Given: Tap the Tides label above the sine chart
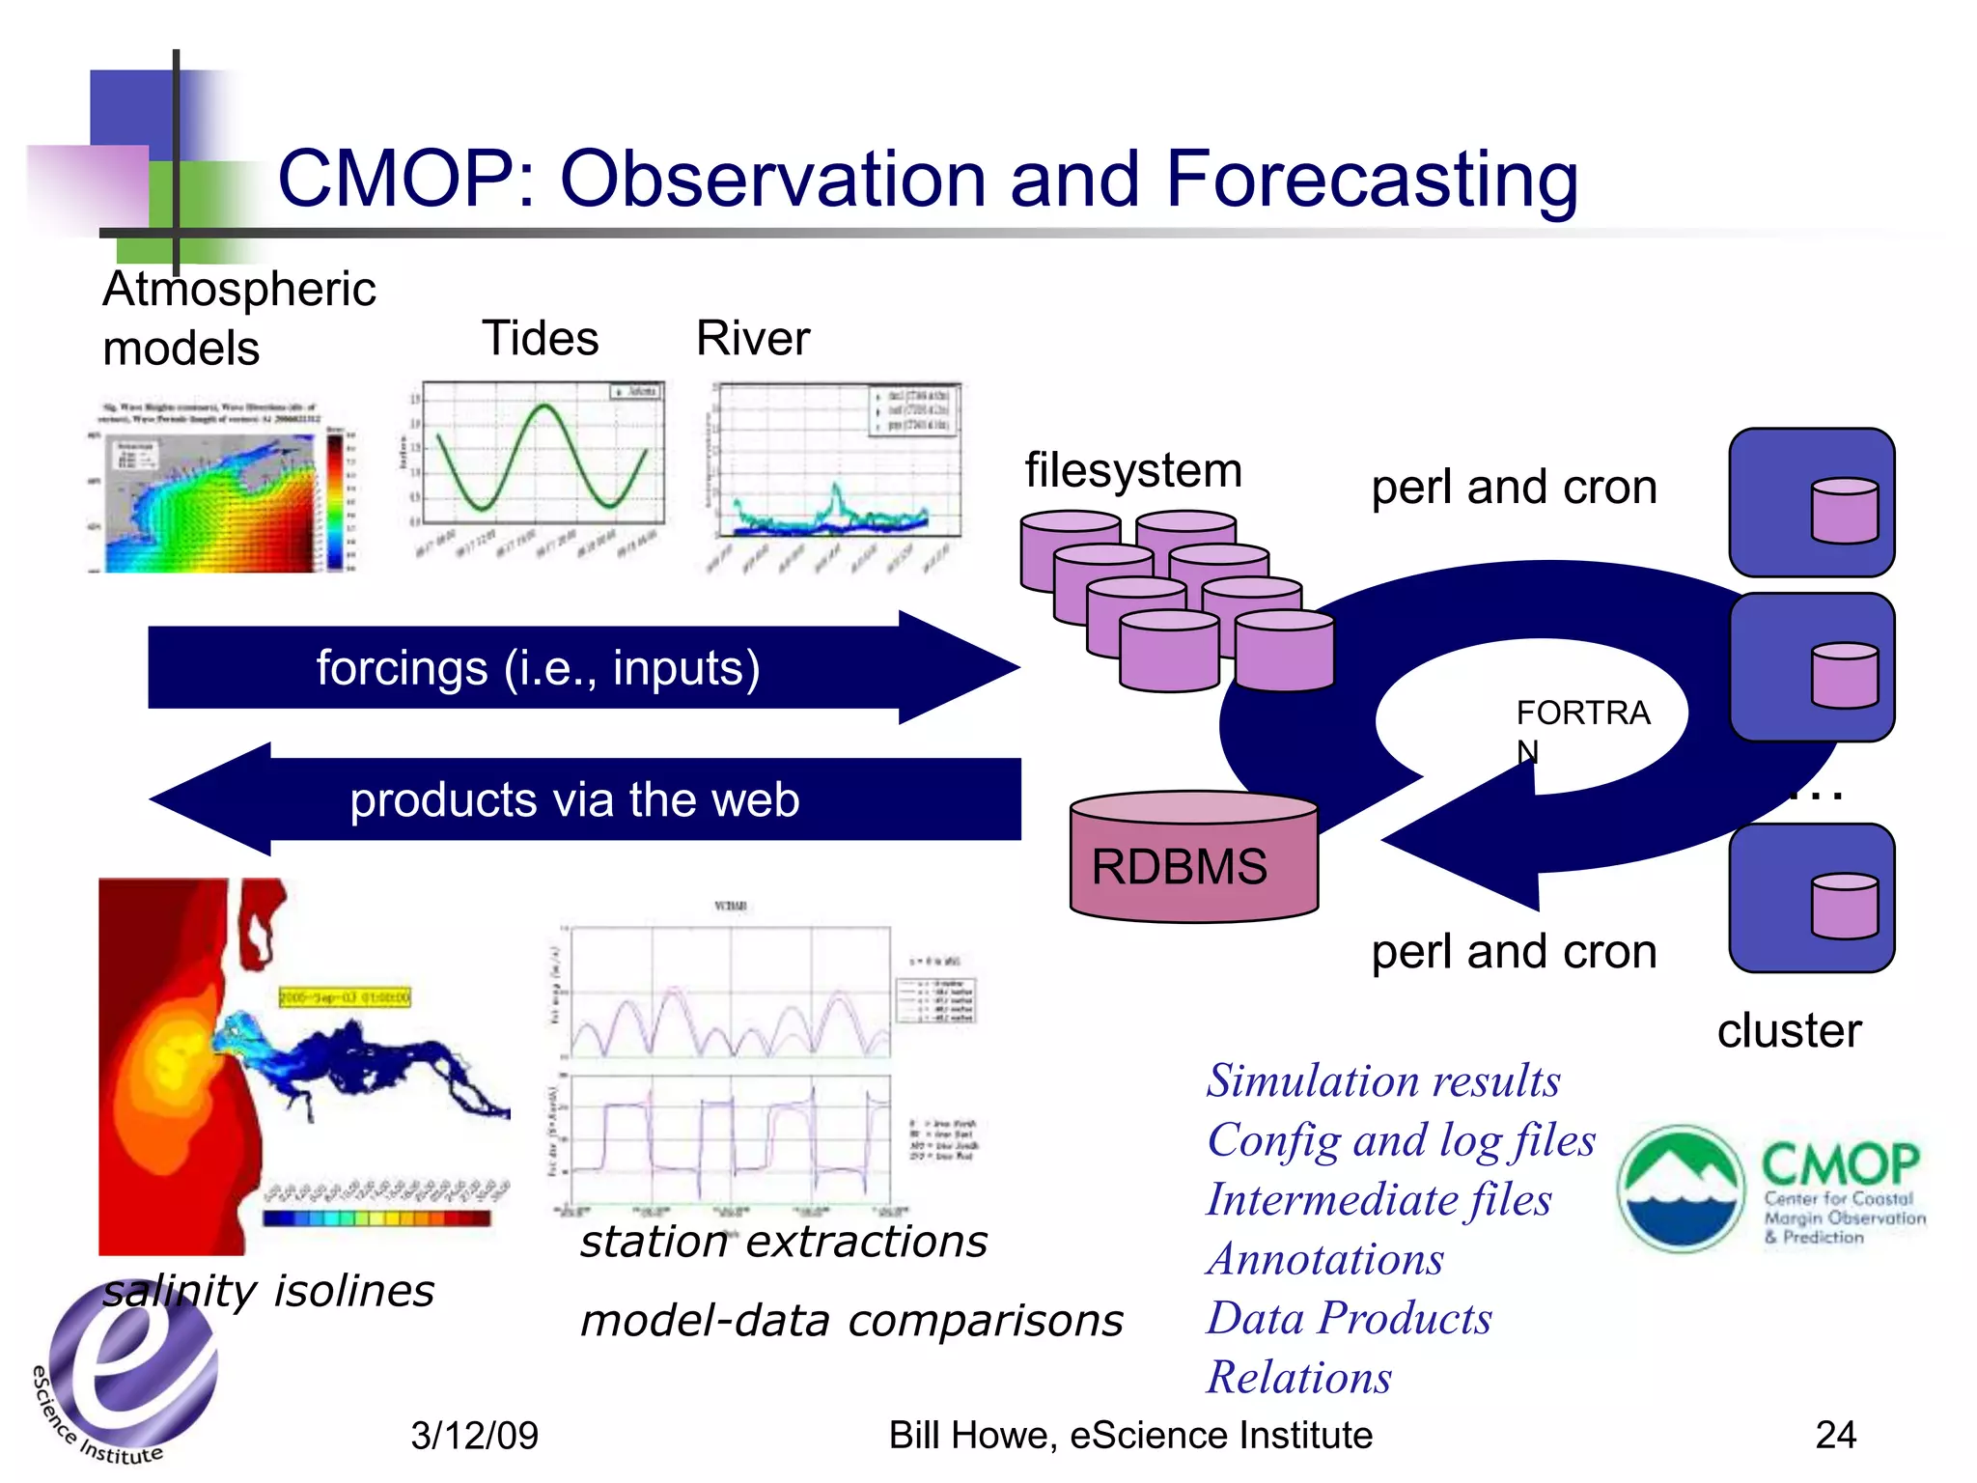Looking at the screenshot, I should pyautogui.click(x=540, y=339).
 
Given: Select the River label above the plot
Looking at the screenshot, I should pyautogui.click(x=753, y=339).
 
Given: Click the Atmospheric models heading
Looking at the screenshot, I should pyautogui.click(x=238, y=318).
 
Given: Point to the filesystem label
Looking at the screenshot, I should pyautogui.click(x=1132, y=471).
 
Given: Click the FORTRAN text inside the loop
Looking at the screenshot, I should pyautogui.click(x=1581, y=714).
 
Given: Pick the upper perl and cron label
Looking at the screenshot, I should pyautogui.click(x=1514, y=488).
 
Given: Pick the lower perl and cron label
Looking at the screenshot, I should pyautogui.click(x=1514, y=952).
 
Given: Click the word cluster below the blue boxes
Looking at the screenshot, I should pyautogui.click(x=1788, y=1031).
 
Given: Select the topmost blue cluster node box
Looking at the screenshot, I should pyautogui.click(x=1811, y=503).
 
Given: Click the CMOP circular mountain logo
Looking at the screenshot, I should pyautogui.click(x=1681, y=1189).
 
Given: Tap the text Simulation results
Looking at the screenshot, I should pyautogui.click(x=1382, y=1080).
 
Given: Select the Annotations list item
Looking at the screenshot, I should pyautogui.click(x=1324, y=1259).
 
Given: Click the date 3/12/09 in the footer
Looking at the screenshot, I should pyautogui.click(x=474, y=1436).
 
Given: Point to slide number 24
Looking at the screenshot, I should pyautogui.click(x=1835, y=1436).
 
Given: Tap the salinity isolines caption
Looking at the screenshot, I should pyautogui.click(x=268, y=1291).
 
